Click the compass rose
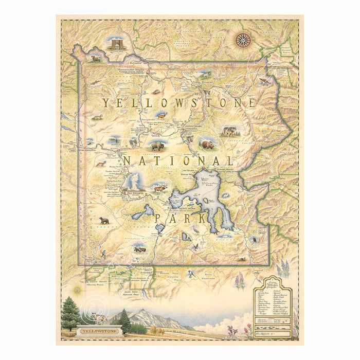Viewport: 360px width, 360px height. (243, 40)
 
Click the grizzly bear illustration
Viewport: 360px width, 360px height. (207, 145)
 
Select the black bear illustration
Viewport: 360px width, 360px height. (104, 221)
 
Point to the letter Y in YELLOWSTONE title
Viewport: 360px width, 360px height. (105, 103)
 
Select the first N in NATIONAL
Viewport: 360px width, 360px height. (127, 161)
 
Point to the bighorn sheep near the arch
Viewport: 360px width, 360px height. (96, 58)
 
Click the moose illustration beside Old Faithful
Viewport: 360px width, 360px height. (160, 189)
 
